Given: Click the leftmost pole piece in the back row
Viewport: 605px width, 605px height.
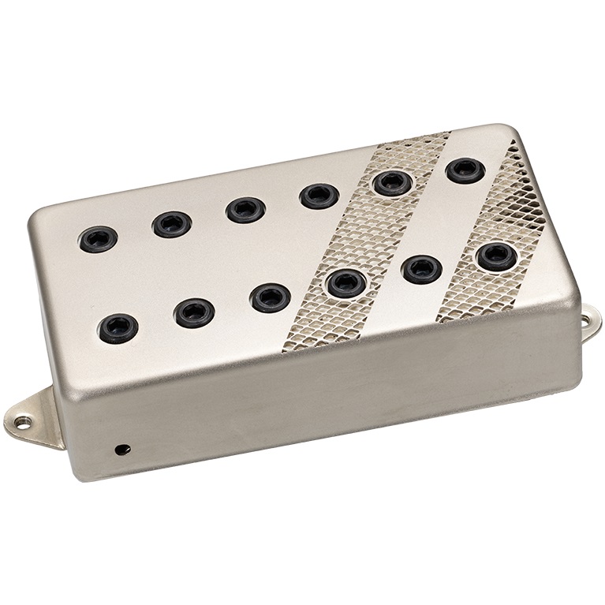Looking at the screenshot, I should (99, 238).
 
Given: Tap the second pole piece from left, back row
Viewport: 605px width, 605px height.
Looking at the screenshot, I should (172, 224).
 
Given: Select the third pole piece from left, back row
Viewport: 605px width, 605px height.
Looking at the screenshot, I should (245, 209).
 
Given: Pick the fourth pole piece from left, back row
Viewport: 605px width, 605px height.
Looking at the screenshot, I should (319, 196).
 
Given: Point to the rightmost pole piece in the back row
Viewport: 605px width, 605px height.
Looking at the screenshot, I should (465, 170).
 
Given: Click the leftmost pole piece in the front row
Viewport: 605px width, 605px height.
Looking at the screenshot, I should (118, 327).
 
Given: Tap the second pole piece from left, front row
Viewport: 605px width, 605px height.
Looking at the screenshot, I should (194, 312).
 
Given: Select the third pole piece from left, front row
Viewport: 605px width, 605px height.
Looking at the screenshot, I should (270, 297).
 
